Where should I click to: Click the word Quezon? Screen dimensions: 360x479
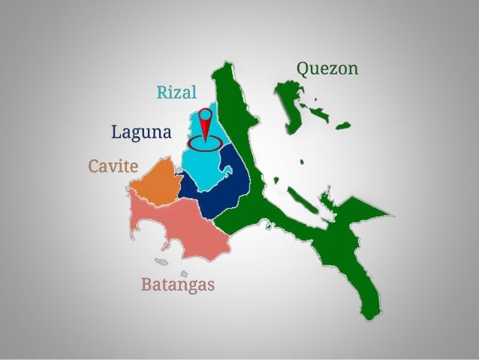pyautogui.click(x=327, y=69)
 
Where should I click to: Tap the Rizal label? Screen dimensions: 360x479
pyautogui.click(x=176, y=92)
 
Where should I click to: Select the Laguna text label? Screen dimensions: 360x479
pyautogui.click(x=141, y=133)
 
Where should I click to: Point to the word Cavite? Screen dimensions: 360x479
pyautogui.click(x=113, y=165)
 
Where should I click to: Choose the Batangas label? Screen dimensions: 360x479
pyautogui.click(x=178, y=285)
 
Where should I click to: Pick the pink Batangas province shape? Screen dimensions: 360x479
pyautogui.click(x=176, y=229)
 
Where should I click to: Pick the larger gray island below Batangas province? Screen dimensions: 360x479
pyautogui.click(x=160, y=262)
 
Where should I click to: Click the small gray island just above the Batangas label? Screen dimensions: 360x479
pyautogui.click(x=183, y=274)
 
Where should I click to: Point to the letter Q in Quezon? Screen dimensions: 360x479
pyautogui.click(x=302, y=68)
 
